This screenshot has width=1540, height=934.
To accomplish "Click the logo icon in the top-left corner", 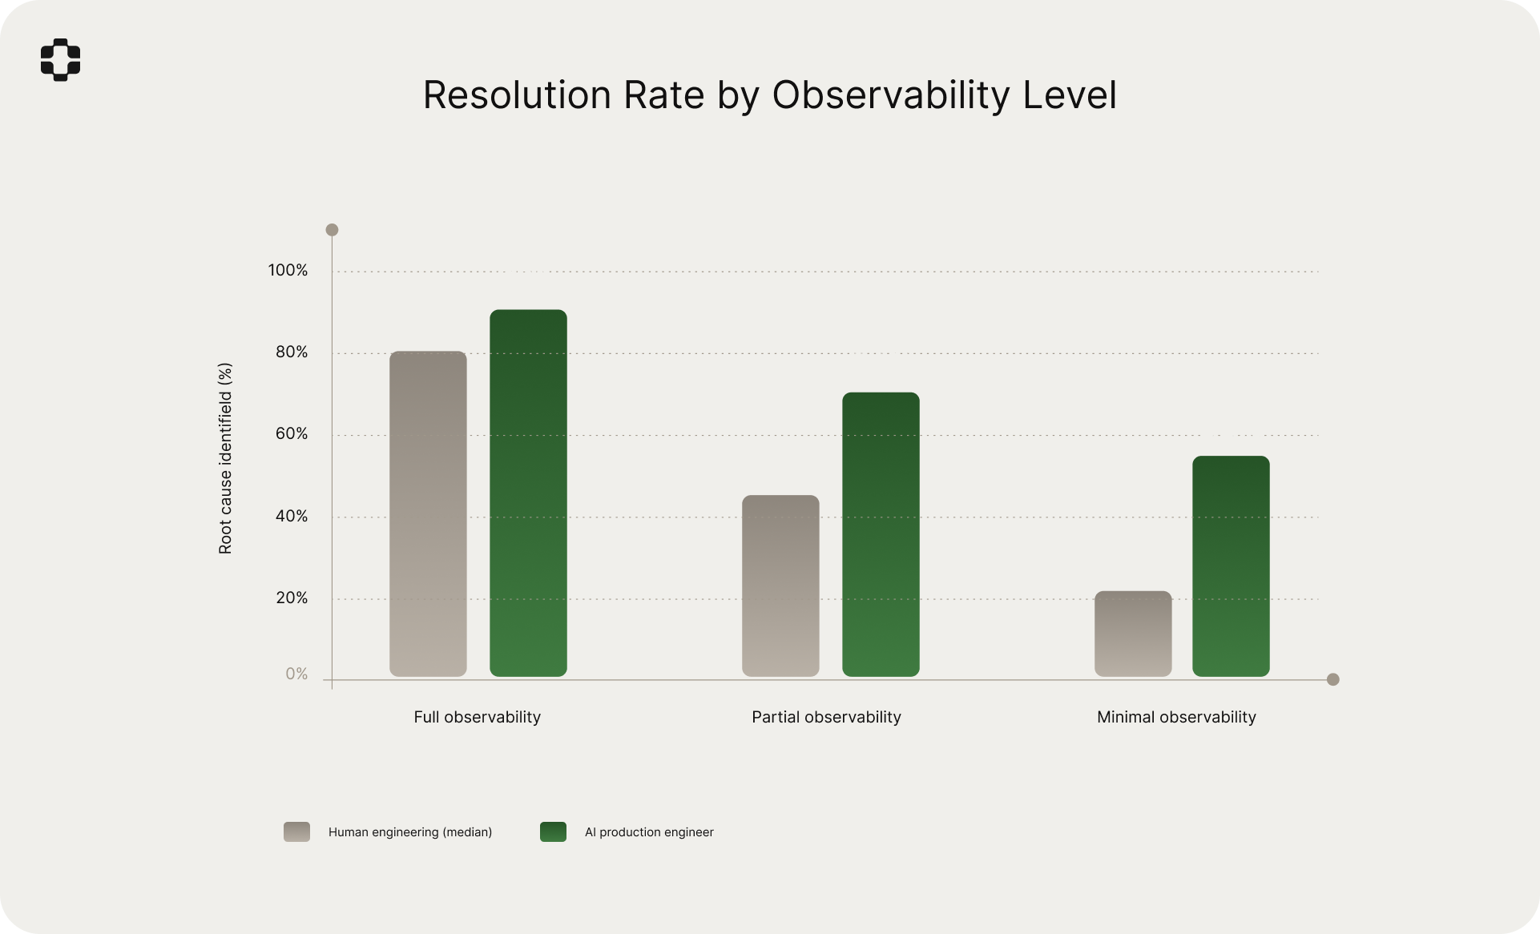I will pos(61,59).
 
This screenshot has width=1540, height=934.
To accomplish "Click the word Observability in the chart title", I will pos(891,95).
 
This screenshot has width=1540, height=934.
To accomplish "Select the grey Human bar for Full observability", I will pos(428,513).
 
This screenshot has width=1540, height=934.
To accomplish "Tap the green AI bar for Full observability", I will pos(528,493).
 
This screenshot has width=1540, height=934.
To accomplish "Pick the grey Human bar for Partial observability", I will pos(780,586).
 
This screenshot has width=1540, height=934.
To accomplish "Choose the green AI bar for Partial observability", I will pos(881,534).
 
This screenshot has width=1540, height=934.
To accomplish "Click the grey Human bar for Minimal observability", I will pos(1133,634).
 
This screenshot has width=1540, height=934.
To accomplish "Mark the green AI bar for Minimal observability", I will pos(1231,566).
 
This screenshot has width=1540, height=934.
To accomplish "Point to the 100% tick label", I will pos(288,271).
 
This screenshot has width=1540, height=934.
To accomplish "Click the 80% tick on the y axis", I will pos(292,352).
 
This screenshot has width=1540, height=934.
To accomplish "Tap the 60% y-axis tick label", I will pos(292,434).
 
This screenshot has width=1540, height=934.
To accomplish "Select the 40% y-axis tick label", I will pos(292,517).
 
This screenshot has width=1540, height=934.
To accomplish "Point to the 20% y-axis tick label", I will pos(292,598).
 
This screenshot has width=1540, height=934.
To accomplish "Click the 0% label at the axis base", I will pos(296,674).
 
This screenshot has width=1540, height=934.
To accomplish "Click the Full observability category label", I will pos(477,718).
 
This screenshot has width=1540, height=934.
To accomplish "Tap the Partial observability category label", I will pos(826,718).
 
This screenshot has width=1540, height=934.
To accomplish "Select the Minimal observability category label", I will pos(1176,718).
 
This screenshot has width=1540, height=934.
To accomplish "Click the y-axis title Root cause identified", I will pos(225,458).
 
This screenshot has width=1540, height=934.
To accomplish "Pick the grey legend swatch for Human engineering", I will pos(296,831).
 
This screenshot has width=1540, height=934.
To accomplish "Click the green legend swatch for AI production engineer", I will pos(553,831).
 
